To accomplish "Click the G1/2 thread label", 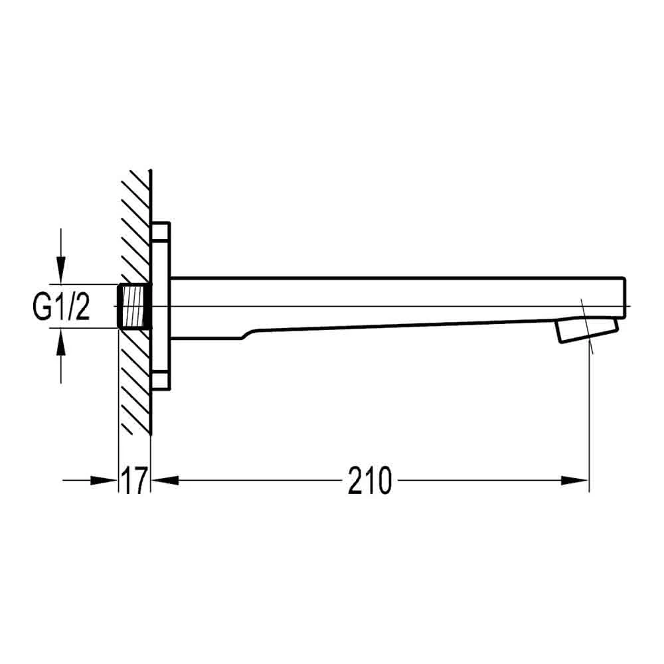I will click(62, 307).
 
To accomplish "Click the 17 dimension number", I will click(134, 481).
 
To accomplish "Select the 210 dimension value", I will click(370, 481).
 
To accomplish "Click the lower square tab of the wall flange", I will click(161, 381).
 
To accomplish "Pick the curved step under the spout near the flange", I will click(247, 335).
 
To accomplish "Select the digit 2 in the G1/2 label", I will click(82, 307).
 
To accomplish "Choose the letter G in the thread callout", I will click(42, 307).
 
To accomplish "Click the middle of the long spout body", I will click(398, 302).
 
